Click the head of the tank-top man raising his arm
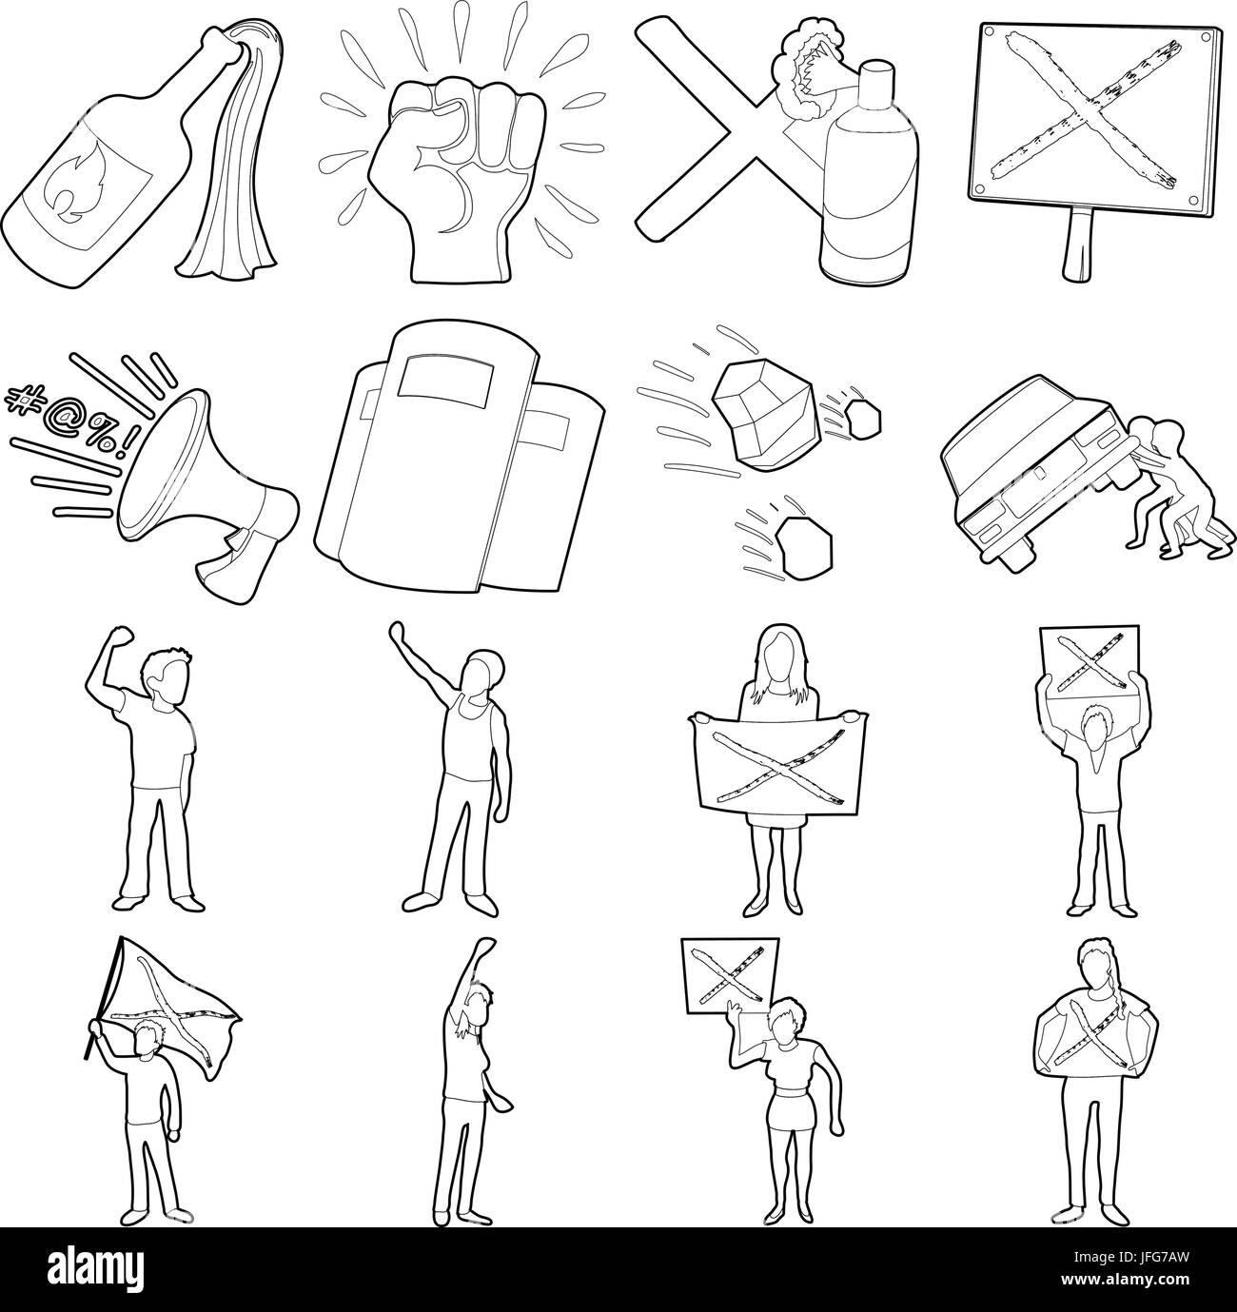tap(481, 671)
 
